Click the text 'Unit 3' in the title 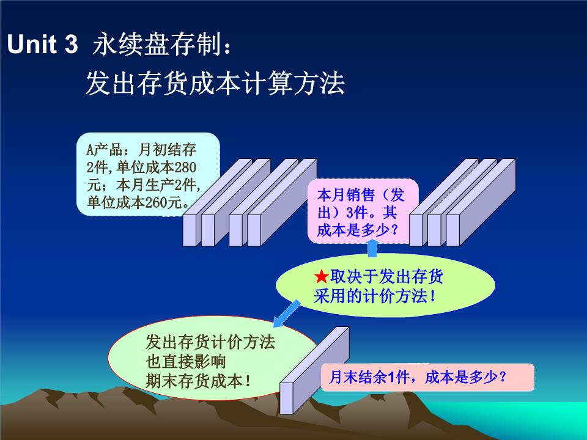pyautogui.click(x=42, y=44)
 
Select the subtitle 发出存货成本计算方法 pyautogui.click(x=215, y=82)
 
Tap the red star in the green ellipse pyautogui.click(x=321, y=277)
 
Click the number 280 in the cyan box pyautogui.click(x=185, y=167)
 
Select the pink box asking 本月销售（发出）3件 pyautogui.click(x=363, y=211)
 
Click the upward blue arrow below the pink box pyautogui.click(x=372, y=248)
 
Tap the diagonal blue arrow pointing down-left pyautogui.click(x=287, y=313)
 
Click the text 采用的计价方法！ pyautogui.click(x=375, y=296)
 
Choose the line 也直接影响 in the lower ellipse pyautogui.click(x=186, y=362)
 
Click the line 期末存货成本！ pyautogui.click(x=198, y=381)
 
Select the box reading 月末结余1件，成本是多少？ pyautogui.click(x=427, y=377)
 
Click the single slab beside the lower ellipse pyautogui.click(x=314, y=370)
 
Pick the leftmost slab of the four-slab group pyautogui.click(x=217, y=202)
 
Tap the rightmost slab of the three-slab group pyautogui.click(x=481, y=202)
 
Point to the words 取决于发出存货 pyautogui.click(x=386, y=277)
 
